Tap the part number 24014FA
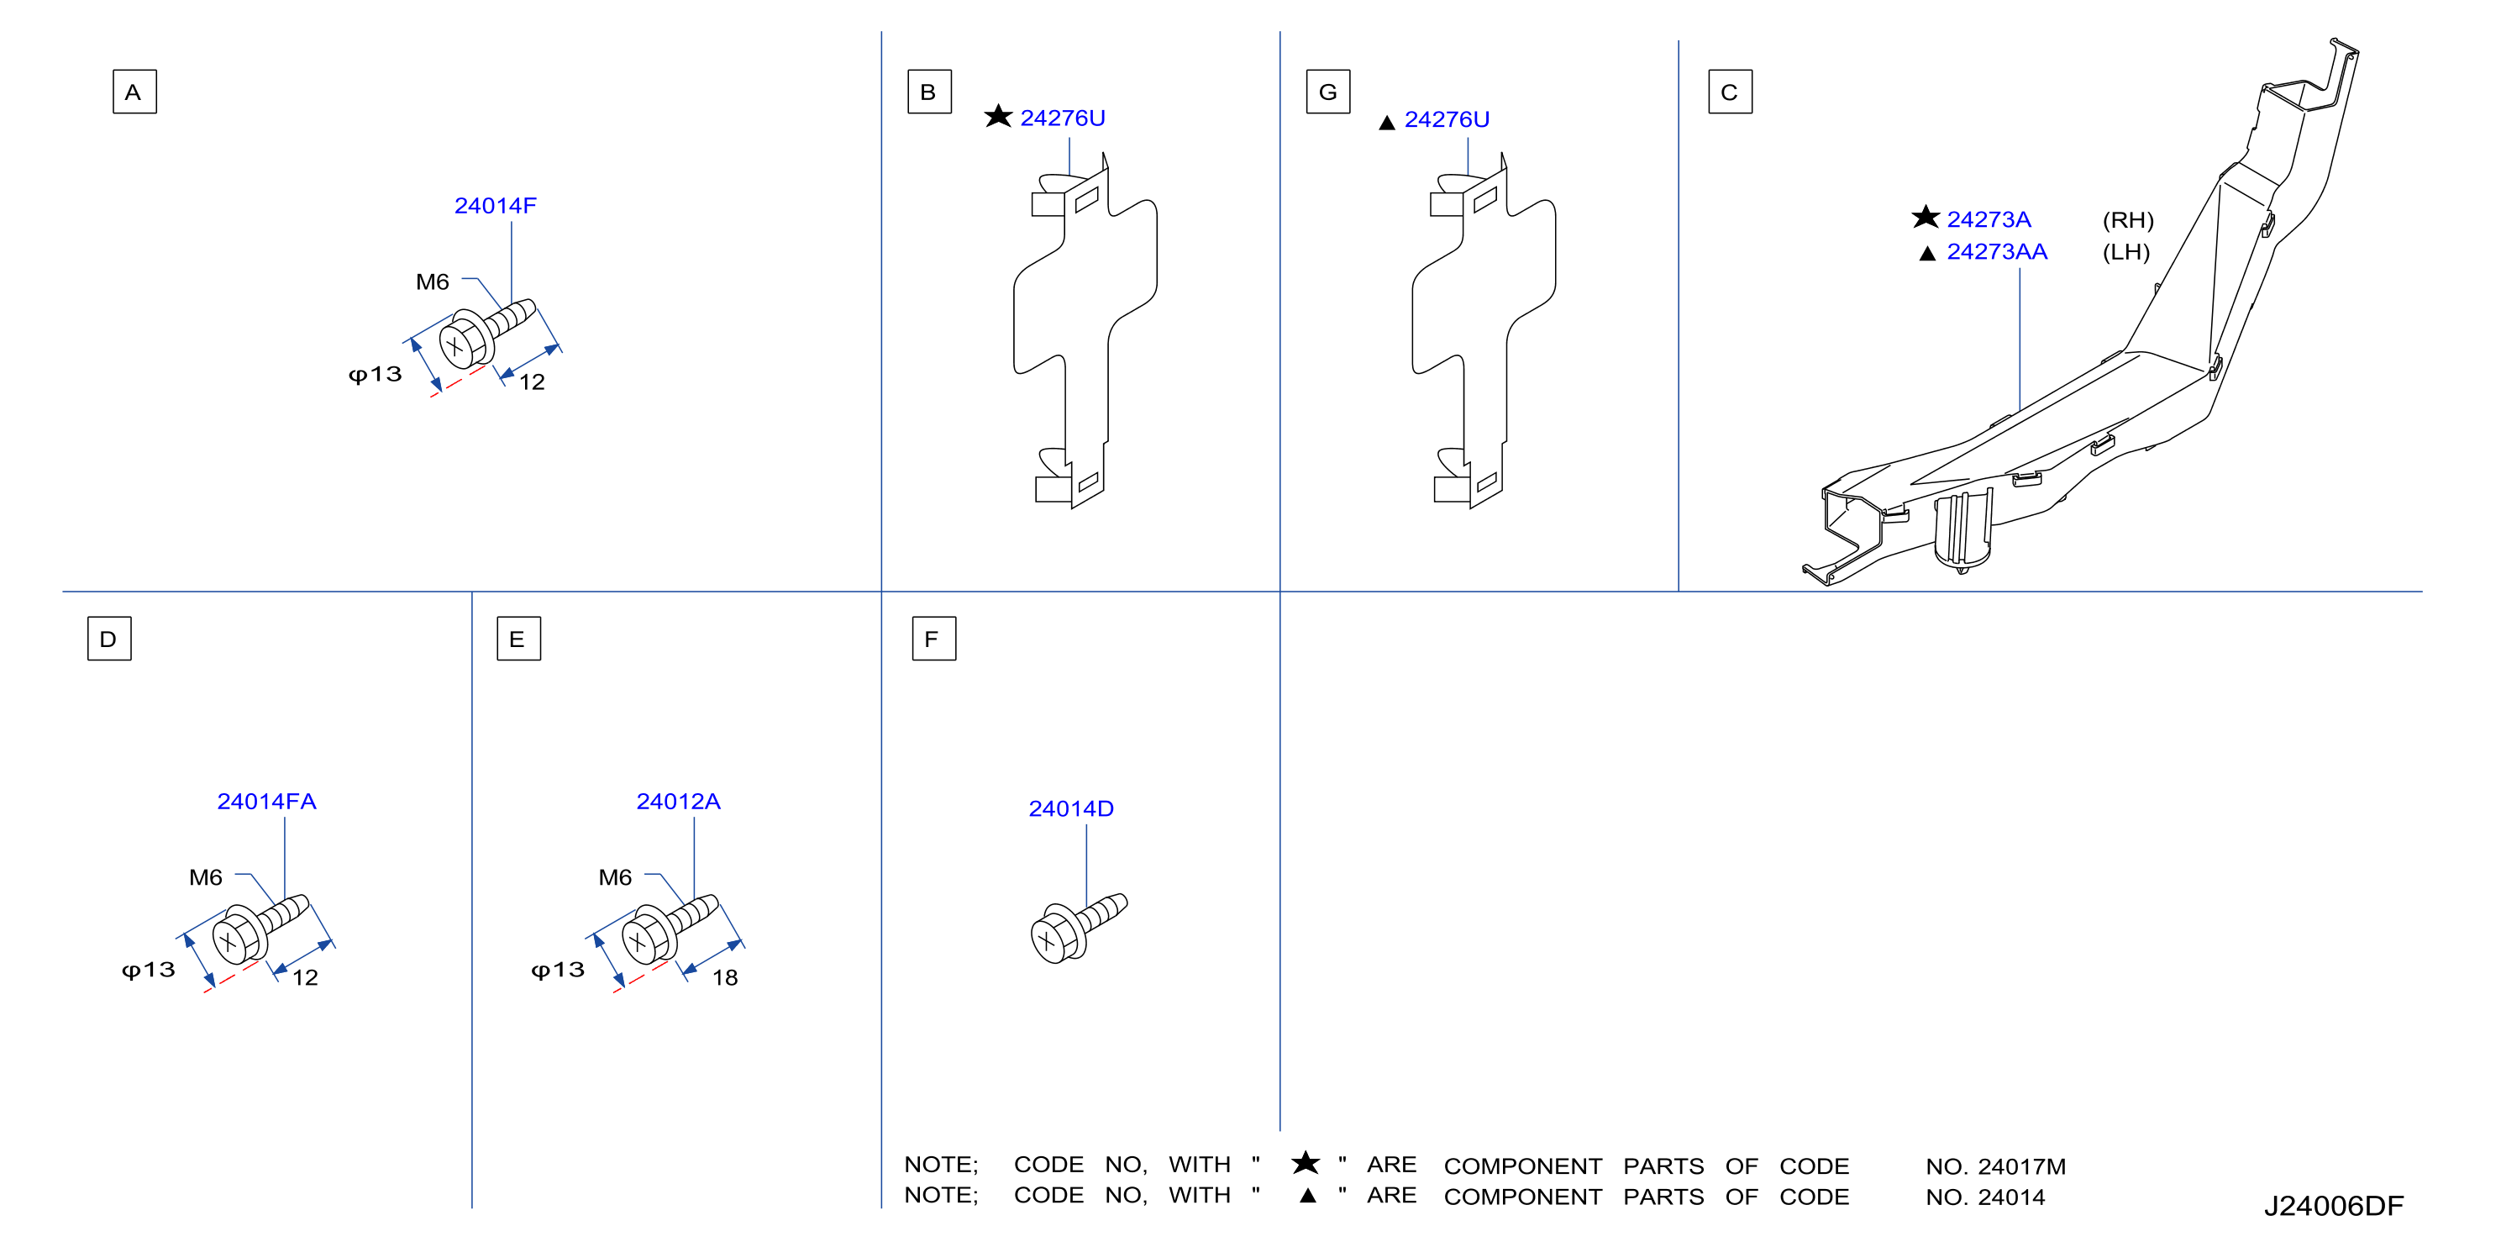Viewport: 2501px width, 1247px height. [266, 802]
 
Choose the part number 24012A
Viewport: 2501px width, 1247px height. [678, 802]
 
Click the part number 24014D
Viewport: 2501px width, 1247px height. [1071, 808]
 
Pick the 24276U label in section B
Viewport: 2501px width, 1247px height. [1062, 118]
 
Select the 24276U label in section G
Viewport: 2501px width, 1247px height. [1447, 119]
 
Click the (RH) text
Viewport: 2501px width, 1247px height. [2128, 220]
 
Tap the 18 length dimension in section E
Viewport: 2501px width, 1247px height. [725, 977]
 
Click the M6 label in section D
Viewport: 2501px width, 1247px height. [206, 877]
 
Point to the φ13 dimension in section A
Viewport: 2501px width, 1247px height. [375, 375]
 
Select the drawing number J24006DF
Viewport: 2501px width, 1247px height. [2333, 1205]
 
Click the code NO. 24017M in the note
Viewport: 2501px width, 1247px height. [1995, 1166]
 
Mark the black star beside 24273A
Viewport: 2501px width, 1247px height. [1926, 217]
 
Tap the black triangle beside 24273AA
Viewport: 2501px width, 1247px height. [1927, 254]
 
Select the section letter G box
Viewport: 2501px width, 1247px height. [1327, 92]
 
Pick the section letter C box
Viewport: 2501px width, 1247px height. [1730, 92]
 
